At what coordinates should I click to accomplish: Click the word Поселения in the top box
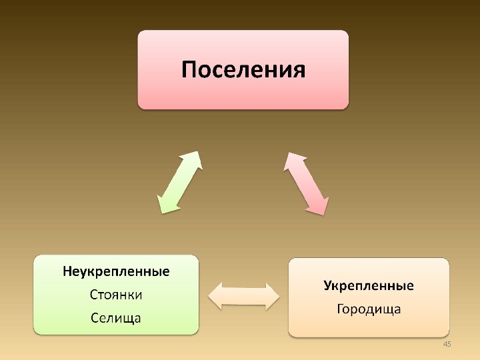243,69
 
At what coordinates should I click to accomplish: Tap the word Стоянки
116,294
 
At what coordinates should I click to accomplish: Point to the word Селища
116,317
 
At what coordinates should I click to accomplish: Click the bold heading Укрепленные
368,286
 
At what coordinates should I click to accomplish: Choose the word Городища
368,309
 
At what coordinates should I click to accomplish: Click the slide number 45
447,343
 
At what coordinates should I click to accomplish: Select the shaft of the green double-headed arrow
179,182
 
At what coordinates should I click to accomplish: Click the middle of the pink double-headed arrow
307,183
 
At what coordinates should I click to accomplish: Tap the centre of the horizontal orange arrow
244,295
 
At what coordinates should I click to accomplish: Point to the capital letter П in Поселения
191,69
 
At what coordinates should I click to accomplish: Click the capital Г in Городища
340,309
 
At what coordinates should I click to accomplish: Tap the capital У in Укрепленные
327,286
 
